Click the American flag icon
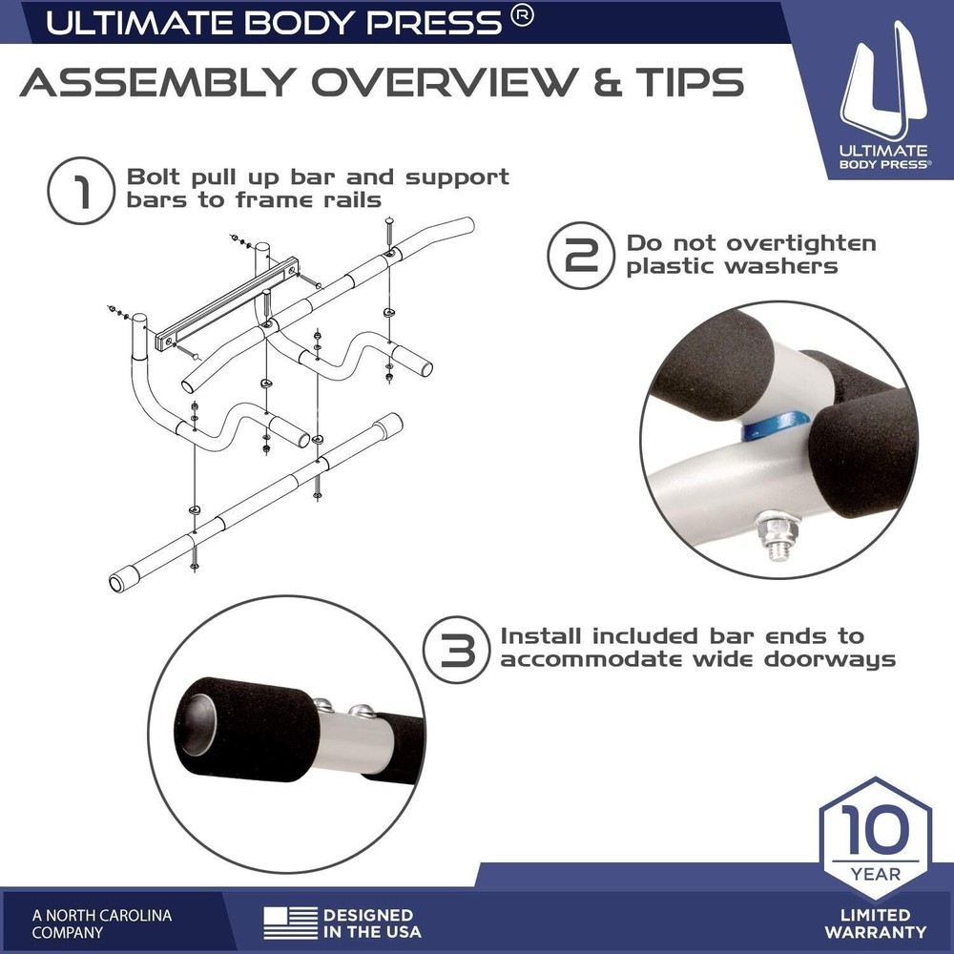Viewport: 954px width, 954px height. (x=291, y=923)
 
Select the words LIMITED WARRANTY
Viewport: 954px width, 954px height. (x=875, y=923)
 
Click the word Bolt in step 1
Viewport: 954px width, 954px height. (x=153, y=177)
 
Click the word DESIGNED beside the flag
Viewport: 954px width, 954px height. (x=367, y=914)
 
